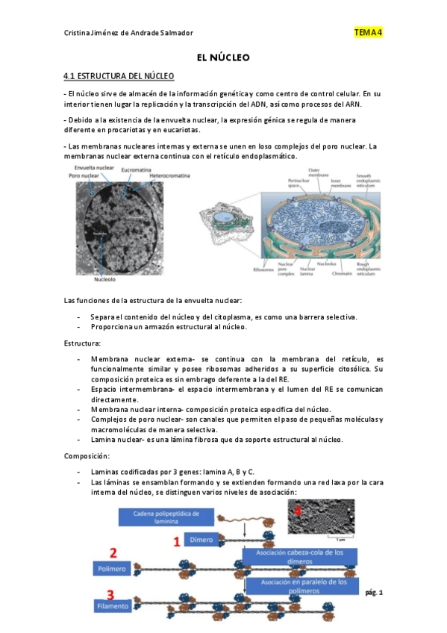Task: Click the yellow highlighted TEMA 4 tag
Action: coord(368,32)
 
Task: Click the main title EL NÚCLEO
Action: coord(222,57)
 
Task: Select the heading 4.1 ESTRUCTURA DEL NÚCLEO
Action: coord(119,76)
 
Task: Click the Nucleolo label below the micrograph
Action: coord(104,281)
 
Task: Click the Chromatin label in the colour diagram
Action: coord(343,273)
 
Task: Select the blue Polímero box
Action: coord(112,568)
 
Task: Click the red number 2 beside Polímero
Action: coord(113,553)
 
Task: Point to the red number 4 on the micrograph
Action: coord(299,511)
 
